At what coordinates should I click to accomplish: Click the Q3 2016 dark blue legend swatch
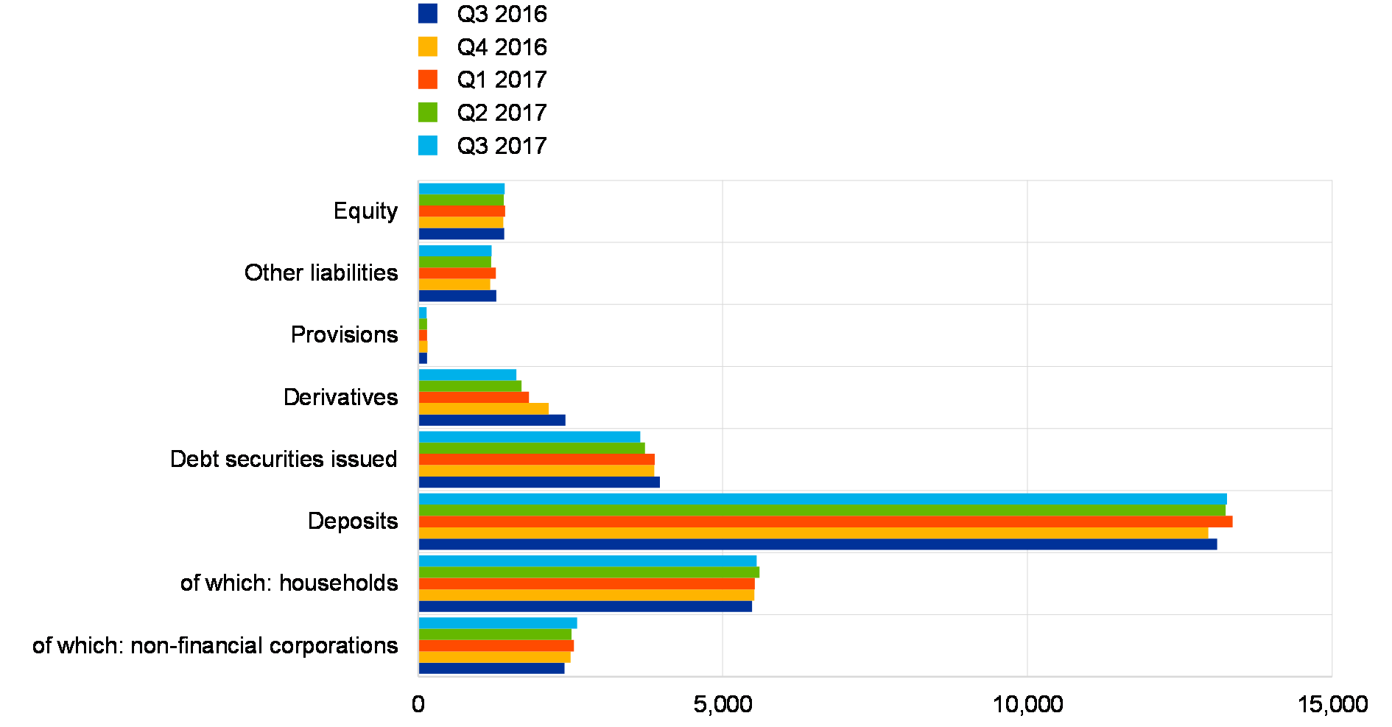tap(427, 13)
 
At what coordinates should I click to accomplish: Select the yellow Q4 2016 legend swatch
tap(427, 46)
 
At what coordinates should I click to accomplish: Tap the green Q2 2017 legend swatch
tap(427, 112)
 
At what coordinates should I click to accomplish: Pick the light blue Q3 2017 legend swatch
tap(427, 145)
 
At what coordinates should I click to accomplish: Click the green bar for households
tap(589, 572)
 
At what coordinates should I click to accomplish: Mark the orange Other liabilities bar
tap(457, 273)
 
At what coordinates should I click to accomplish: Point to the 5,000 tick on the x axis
tap(723, 704)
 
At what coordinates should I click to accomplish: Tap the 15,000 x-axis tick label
tap(1332, 704)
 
